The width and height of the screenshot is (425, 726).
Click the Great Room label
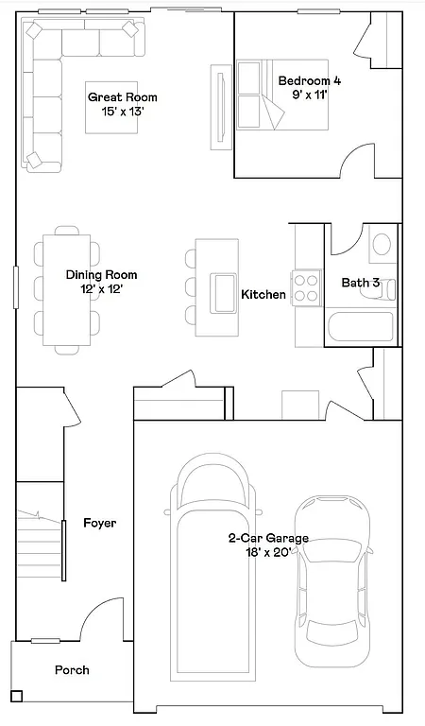[x=123, y=97]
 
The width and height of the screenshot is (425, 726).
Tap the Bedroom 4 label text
[x=309, y=81]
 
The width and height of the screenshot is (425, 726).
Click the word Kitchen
[x=263, y=295]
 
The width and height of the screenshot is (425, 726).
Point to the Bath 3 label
[x=361, y=283]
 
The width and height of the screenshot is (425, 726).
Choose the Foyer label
[x=100, y=523]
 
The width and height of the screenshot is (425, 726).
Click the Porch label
[x=72, y=670]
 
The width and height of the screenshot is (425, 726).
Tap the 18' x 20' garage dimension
[x=268, y=553]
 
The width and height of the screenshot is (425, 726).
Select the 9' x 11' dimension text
[x=309, y=95]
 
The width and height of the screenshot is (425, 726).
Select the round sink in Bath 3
[x=382, y=245]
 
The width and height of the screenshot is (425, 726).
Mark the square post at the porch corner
[x=17, y=697]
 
